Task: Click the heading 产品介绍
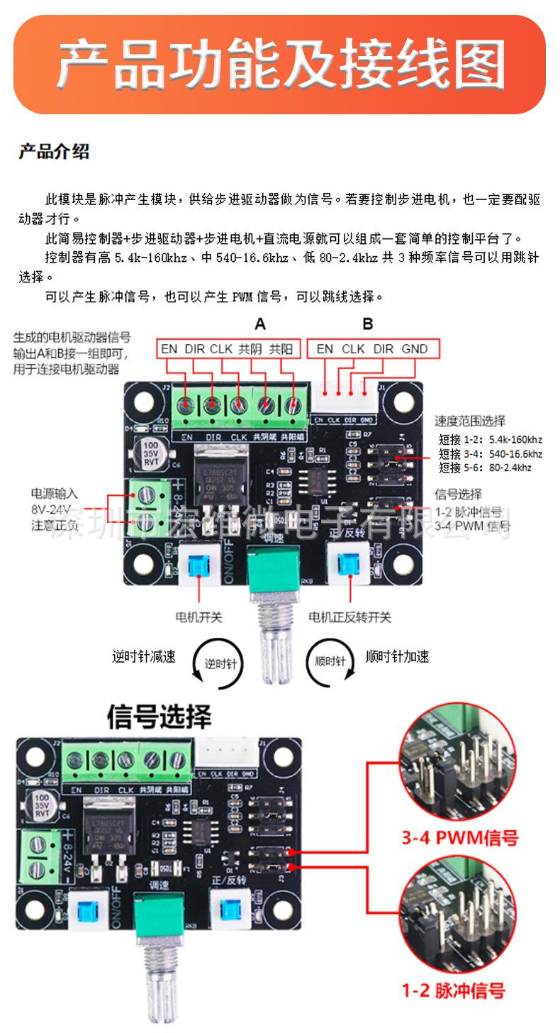pyautogui.click(x=54, y=152)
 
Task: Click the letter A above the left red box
pyautogui.click(x=260, y=324)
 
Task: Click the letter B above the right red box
pyautogui.click(x=368, y=324)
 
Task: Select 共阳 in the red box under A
pyautogui.click(x=281, y=348)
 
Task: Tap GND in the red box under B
pyautogui.click(x=415, y=348)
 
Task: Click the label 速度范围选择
pyautogui.click(x=470, y=421)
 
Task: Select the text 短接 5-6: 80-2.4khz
pyautogui.click(x=485, y=468)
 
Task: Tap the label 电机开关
pyautogui.click(x=199, y=617)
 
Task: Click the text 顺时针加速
pyautogui.click(x=397, y=656)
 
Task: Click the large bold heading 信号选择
pyautogui.click(x=159, y=717)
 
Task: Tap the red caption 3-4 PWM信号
pyautogui.click(x=459, y=839)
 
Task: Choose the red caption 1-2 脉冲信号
pyautogui.click(x=454, y=990)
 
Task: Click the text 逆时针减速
pyautogui.click(x=143, y=656)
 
